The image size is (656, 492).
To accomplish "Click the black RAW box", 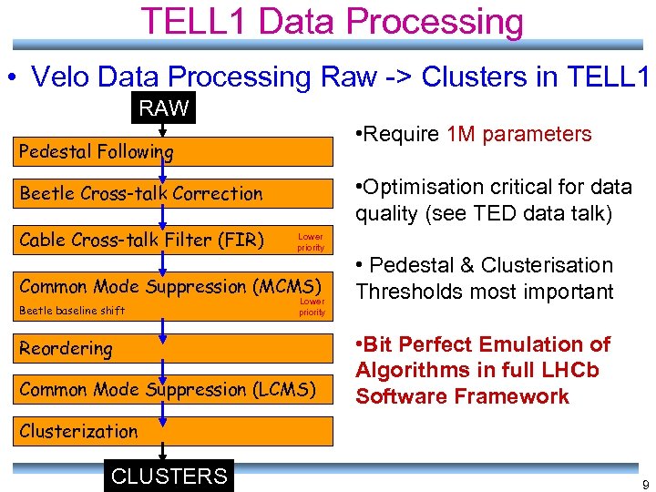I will pos(164,109).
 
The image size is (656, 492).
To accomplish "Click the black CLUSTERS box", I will pos(169,476).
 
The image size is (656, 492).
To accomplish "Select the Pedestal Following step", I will pos(96,151).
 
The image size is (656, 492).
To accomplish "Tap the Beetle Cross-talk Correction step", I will pos(140,193).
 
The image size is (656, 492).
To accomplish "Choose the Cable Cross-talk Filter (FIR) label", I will pos(141,240).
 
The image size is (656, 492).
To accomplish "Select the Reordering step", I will pos(66,348).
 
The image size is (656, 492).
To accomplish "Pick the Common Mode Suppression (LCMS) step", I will pos(168,390).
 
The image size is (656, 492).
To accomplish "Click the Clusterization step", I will pos(78,431).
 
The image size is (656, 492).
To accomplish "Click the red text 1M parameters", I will pos(519,134).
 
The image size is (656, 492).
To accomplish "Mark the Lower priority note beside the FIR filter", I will pos(311,241).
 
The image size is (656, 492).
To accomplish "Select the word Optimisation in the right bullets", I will pos(423,187).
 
